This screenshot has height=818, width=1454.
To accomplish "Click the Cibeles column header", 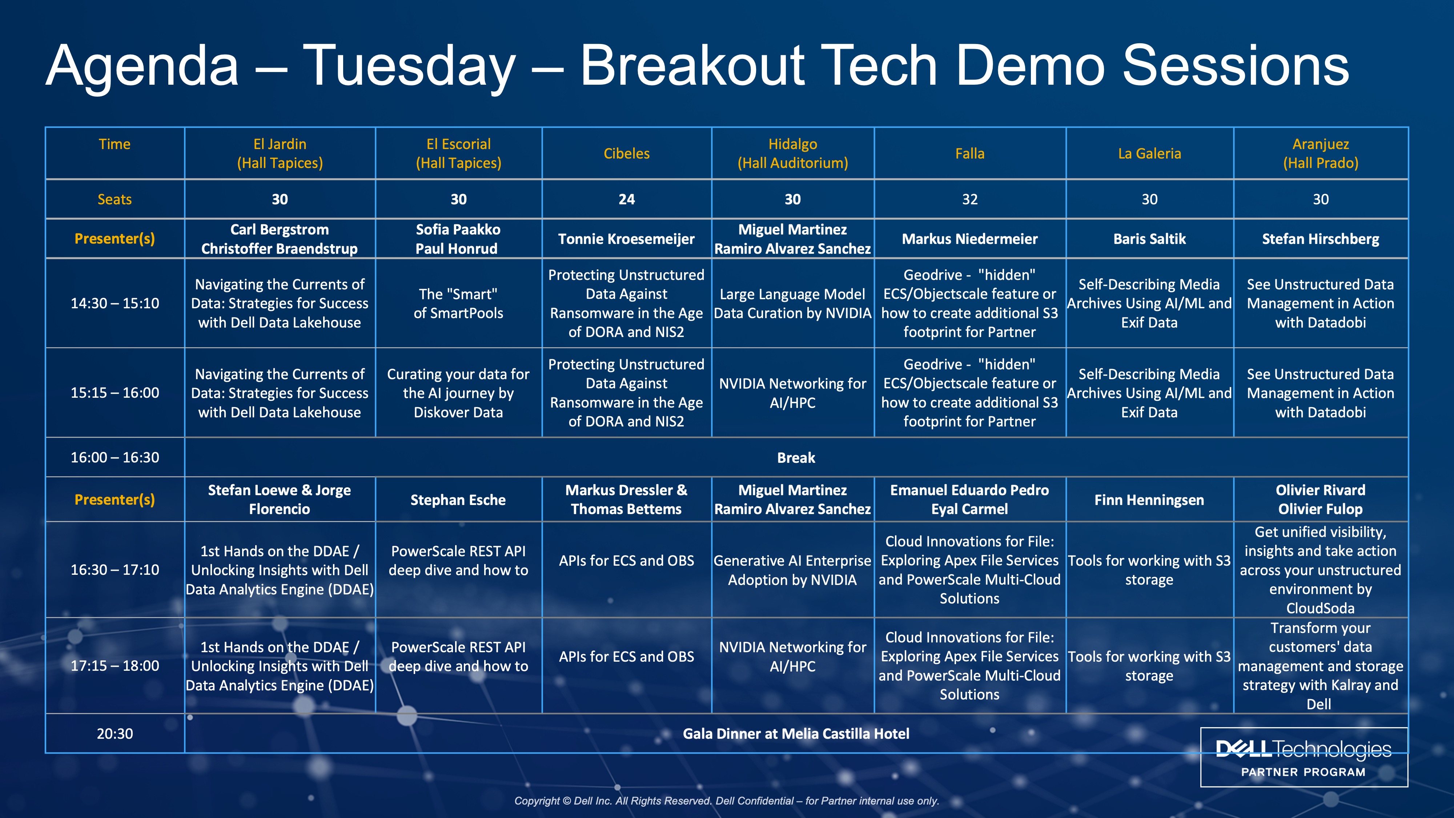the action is [627, 153].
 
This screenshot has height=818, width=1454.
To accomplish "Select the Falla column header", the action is [970, 153].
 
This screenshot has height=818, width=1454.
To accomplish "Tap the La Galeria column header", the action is [1149, 153].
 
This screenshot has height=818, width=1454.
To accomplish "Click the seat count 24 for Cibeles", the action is [627, 199].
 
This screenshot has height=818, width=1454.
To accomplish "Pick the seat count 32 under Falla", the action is [970, 199].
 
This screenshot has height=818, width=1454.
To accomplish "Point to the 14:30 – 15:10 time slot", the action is [115, 303].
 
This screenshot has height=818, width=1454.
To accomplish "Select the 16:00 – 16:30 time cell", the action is [115, 457].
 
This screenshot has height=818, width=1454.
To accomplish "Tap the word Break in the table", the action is [796, 458].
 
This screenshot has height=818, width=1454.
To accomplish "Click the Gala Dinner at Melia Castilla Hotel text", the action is [796, 734].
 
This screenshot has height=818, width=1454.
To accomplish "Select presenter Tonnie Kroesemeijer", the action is [627, 239].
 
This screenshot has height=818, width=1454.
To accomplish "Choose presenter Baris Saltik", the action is [1149, 239].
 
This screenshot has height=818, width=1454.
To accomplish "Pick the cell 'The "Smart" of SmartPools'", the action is [458, 303].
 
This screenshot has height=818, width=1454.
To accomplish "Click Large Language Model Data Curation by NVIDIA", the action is [792, 303].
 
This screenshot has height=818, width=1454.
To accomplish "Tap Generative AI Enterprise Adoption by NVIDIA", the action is [792, 570].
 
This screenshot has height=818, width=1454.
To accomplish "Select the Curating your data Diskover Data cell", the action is [458, 393].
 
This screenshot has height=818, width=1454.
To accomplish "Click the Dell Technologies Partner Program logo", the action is [1304, 757].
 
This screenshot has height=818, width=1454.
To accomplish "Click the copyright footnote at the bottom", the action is [726, 801].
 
